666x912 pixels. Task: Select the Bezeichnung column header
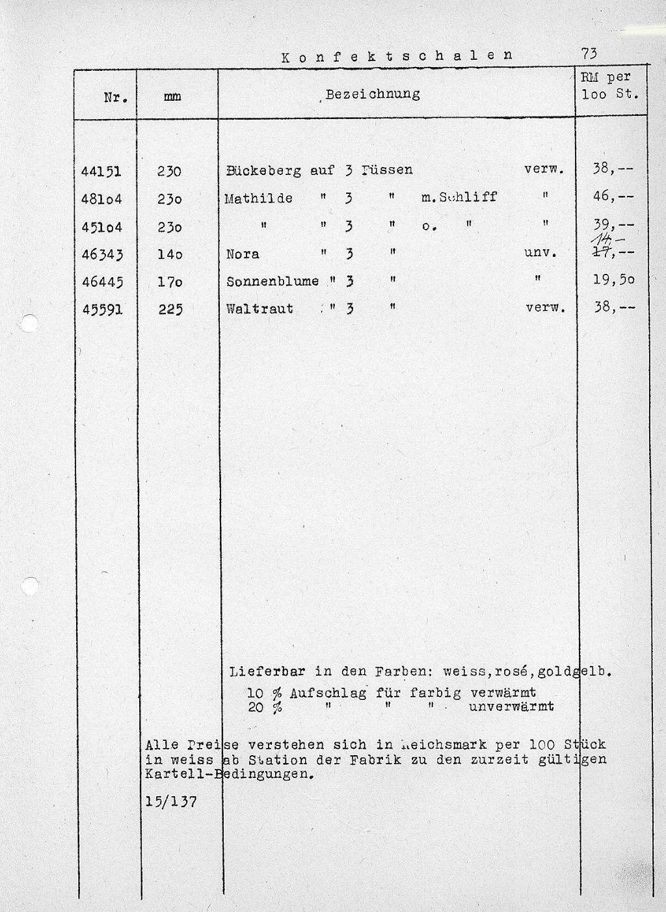point(373,94)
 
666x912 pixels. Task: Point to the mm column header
point(172,98)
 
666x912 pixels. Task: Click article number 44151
point(102,171)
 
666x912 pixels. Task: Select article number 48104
point(102,198)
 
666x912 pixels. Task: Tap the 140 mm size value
point(170,254)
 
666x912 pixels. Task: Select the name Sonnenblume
point(273,281)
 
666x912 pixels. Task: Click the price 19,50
point(613,280)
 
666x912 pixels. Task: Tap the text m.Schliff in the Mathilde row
point(459,196)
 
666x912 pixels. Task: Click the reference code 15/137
point(171,802)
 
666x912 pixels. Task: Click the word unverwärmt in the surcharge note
point(511,706)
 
